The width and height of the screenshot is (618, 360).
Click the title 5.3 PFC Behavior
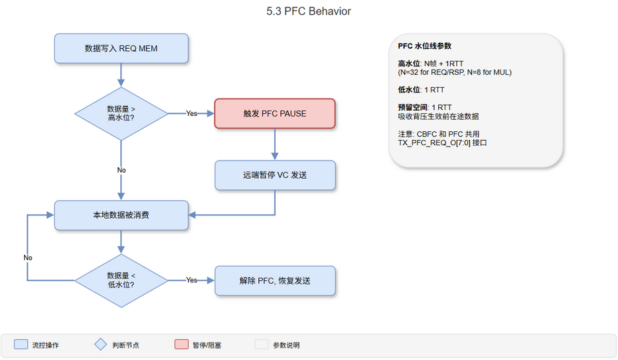308,11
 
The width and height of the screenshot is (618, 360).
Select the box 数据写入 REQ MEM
121,48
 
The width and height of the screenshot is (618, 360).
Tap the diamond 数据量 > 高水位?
121,114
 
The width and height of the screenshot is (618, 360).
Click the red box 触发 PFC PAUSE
274,113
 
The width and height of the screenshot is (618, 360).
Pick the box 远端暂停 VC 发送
274,175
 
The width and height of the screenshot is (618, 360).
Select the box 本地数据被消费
121,215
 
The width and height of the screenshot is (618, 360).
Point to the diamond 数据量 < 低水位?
121,280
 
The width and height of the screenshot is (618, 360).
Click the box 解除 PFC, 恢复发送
274,280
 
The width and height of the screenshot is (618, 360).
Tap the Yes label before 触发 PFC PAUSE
192,114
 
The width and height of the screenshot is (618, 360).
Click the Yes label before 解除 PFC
192,280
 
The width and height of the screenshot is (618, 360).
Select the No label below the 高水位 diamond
121,170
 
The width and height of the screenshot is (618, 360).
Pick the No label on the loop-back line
27,258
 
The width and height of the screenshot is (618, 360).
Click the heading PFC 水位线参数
425,46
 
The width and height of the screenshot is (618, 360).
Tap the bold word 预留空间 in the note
413,107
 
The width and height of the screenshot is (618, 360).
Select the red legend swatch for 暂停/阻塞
181,345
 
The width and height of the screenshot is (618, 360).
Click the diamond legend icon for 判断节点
100,345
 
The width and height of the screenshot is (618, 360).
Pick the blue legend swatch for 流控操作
21,345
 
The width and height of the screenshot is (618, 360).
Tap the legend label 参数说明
286,345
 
